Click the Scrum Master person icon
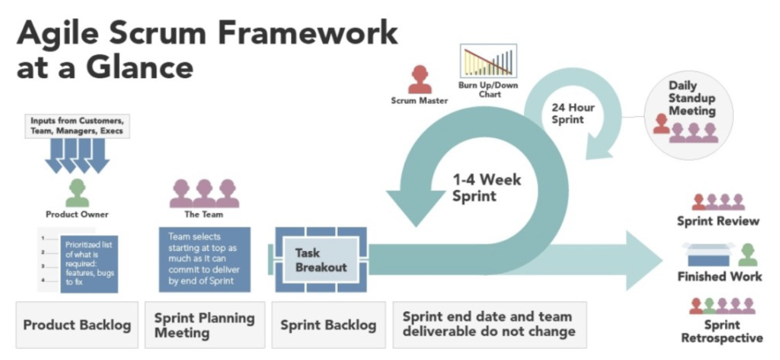pyautogui.click(x=420, y=79)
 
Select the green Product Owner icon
pyautogui.click(x=77, y=193)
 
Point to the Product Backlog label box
pyautogui.click(x=77, y=325)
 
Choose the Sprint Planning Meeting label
pyautogui.click(x=204, y=325)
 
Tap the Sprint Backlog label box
pyautogui.click(x=328, y=325)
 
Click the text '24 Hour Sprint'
pyautogui.click(x=573, y=113)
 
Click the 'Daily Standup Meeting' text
pyautogui.click(x=692, y=98)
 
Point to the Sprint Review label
pyautogui.click(x=718, y=221)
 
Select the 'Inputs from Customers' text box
pyautogui.click(x=77, y=126)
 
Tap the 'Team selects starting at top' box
pyautogui.click(x=204, y=259)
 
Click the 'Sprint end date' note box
pyautogui.click(x=489, y=324)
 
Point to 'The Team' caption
pyautogui.click(x=200, y=215)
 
